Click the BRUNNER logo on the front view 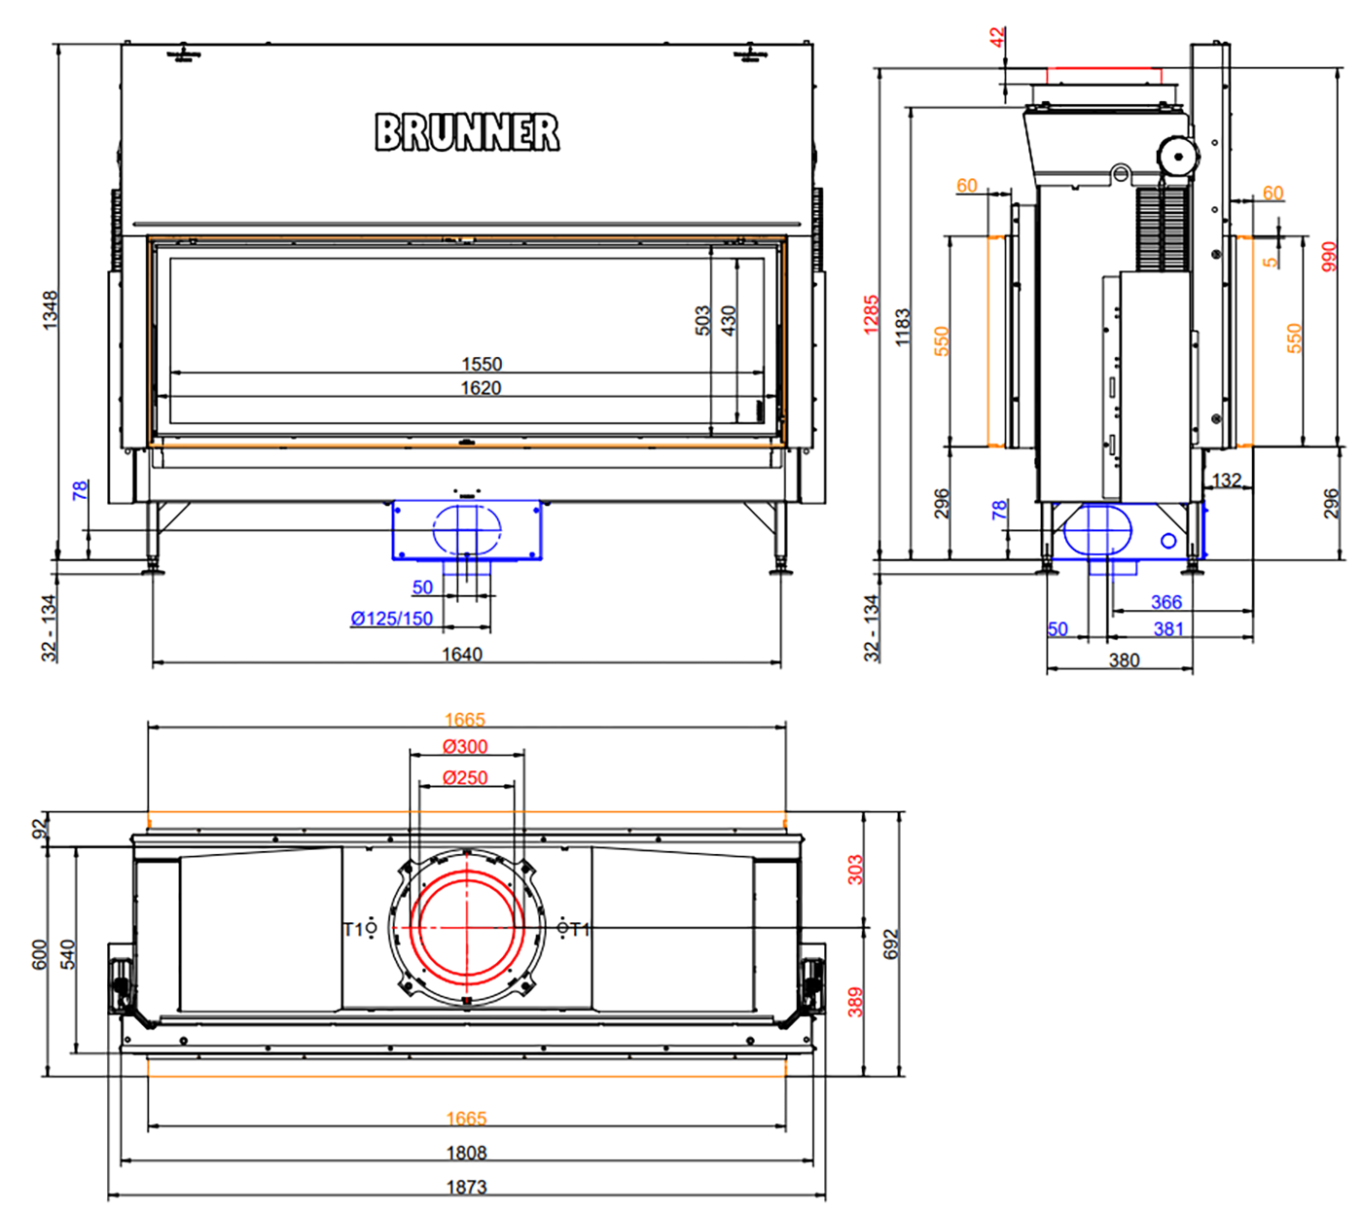pos(467,131)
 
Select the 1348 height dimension pos(51,310)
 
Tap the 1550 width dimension pos(482,364)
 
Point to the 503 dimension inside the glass pos(701,320)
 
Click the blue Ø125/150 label pos(392,618)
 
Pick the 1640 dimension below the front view pos(462,654)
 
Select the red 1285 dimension pos(871,314)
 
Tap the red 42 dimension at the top pos(997,36)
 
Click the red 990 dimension pos(1329,256)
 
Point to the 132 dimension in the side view pos(1226,480)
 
